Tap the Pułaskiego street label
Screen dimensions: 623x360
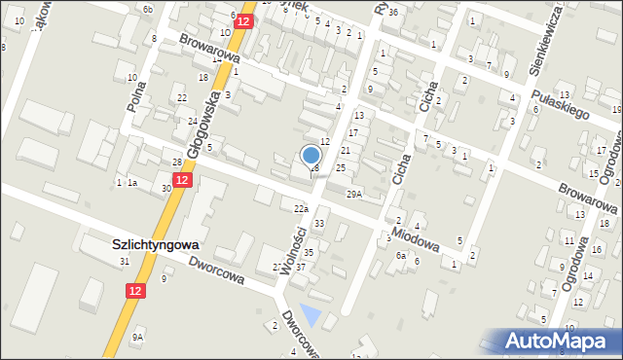563,100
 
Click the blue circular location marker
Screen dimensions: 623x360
311,155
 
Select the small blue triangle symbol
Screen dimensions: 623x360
311,316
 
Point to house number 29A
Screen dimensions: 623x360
353,194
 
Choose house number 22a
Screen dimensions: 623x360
301,208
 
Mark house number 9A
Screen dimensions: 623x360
138,337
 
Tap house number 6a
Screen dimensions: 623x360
400,255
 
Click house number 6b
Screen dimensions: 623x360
147,9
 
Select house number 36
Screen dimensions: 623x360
392,13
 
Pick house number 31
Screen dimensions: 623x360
124,262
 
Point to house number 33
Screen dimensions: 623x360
318,224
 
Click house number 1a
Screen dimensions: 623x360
132,183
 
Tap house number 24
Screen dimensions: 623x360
193,121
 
